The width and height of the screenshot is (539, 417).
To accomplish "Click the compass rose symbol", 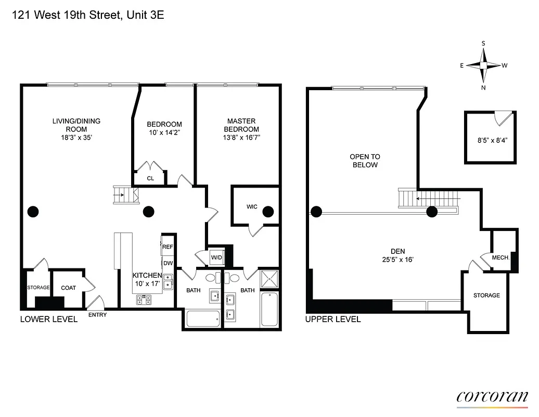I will pyautogui.click(x=483, y=65).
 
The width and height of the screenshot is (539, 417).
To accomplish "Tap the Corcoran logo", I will pyautogui.click(x=492, y=396).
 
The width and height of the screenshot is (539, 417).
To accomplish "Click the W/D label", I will pyautogui.click(x=216, y=257).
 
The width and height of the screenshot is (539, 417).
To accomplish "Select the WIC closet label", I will pyautogui.click(x=252, y=207).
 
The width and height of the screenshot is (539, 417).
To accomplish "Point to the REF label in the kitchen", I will pyautogui.click(x=168, y=247).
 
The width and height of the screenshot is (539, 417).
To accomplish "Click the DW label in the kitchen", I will pyautogui.click(x=168, y=263).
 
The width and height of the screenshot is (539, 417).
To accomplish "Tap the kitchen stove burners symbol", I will pyautogui.click(x=144, y=300).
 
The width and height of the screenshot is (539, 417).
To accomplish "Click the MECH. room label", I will pyautogui.click(x=503, y=257).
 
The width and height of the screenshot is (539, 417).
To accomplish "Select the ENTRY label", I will pyautogui.click(x=97, y=315).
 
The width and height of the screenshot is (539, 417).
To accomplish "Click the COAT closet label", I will pyautogui.click(x=68, y=288).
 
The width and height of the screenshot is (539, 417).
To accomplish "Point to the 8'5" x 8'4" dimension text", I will pyautogui.click(x=492, y=140).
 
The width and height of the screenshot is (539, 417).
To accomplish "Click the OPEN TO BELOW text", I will pyautogui.click(x=365, y=161).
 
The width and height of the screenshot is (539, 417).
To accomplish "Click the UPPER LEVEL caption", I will pyautogui.click(x=333, y=319).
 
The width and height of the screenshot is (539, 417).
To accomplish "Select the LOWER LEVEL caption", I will pyautogui.click(x=48, y=319).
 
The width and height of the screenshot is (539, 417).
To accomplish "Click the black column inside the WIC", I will pyautogui.click(x=268, y=212).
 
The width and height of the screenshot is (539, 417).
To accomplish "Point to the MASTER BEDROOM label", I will pyautogui.click(x=241, y=125).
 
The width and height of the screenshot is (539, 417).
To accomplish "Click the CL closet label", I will pyautogui.click(x=150, y=178).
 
